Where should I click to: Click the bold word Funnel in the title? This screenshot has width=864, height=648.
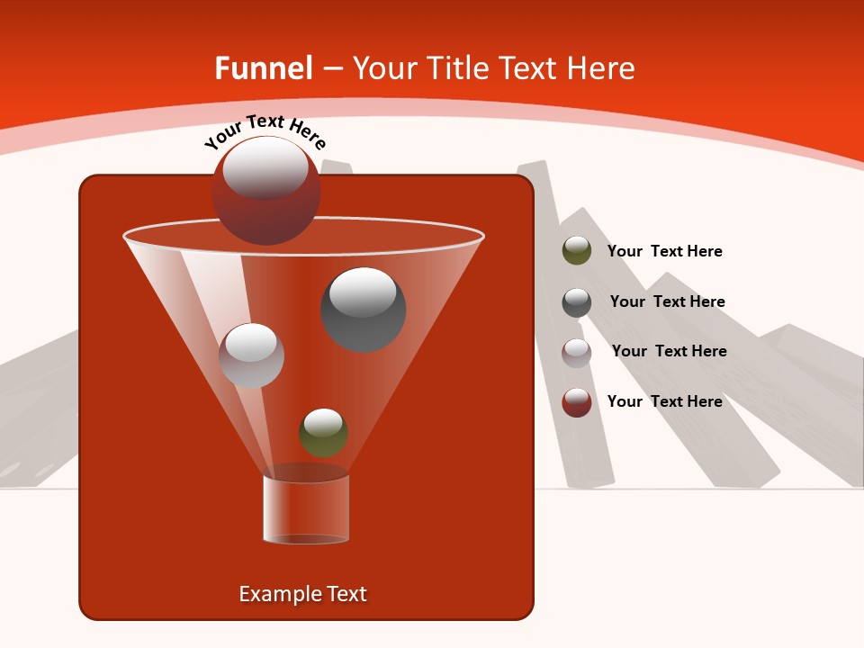[x=264, y=68]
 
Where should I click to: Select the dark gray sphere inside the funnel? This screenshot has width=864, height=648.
[x=363, y=310]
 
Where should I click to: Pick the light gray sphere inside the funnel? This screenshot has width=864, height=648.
[x=251, y=355]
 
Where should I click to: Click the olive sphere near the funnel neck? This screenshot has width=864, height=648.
[x=323, y=433]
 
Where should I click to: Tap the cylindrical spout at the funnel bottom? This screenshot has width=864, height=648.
[x=306, y=509]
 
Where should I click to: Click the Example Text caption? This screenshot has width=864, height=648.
[x=302, y=594]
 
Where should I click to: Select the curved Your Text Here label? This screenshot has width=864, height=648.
[x=265, y=131]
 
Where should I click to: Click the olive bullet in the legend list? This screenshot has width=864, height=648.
[x=577, y=251]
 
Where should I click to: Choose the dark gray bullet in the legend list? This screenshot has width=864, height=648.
[x=577, y=302]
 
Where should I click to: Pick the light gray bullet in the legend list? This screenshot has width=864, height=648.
[x=577, y=352]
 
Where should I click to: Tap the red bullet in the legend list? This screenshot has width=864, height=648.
[x=577, y=402]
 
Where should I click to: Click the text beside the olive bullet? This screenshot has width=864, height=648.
[x=664, y=251]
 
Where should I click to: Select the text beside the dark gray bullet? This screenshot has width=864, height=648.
[x=667, y=301]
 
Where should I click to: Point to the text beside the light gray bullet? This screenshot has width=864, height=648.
[x=669, y=351]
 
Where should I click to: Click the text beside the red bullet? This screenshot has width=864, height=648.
[x=664, y=401]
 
